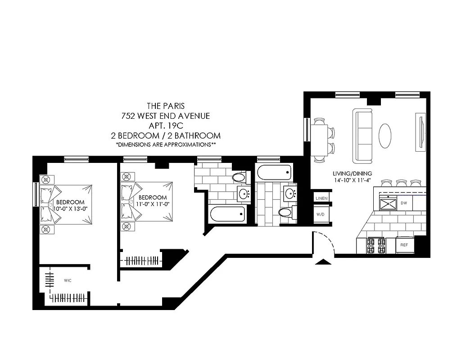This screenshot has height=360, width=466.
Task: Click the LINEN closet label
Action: click(322, 198)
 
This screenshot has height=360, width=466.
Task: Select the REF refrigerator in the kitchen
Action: click(404, 246)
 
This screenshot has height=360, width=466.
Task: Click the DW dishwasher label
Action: click(404, 203)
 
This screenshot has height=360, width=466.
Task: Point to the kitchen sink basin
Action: click(386, 204)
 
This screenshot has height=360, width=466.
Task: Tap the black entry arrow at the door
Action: click(322, 261)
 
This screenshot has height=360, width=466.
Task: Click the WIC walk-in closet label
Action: click(68, 280)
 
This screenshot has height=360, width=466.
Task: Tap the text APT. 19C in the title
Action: click(166, 126)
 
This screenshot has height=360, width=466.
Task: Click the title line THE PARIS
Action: click(166, 106)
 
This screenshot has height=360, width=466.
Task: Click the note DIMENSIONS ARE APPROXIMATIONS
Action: click(166, 145)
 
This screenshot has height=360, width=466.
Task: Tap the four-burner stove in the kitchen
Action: click(376, 246)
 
